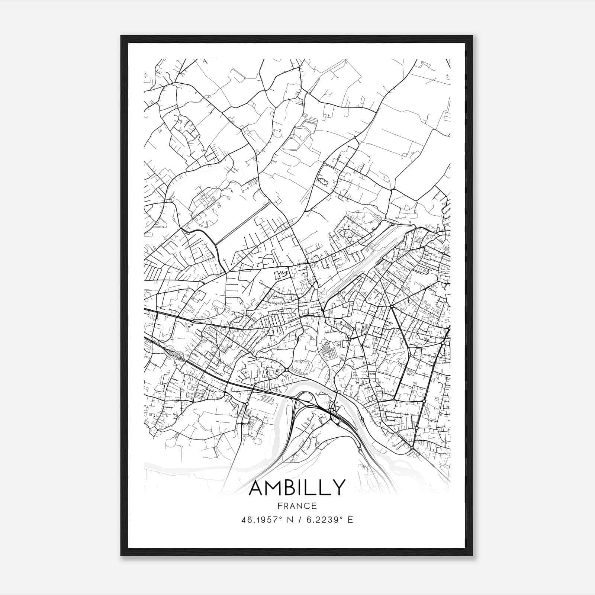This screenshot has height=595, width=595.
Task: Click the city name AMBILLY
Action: tap(297, 488)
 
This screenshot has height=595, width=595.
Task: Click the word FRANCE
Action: tap(297, 506)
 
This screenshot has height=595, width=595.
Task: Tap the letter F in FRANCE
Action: tap(280, 506)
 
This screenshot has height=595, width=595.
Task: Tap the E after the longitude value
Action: tap(350, 520)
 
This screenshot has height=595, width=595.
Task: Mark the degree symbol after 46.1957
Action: tap(282, 518)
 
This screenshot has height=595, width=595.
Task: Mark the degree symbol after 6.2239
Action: tap(341, 518)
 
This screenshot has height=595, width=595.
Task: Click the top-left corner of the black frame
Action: tap(121, 36)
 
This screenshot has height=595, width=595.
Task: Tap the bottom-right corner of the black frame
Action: tap(473, 556)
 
